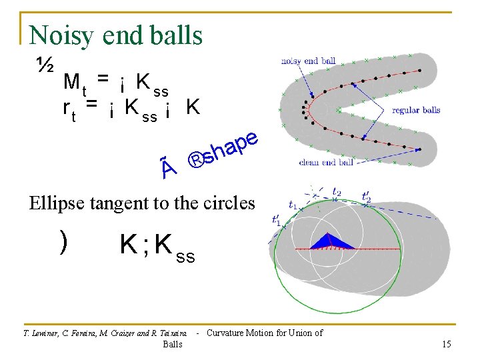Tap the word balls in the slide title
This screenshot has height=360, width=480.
click(x=177, y=35)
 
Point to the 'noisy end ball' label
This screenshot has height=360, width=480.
click(x=308, y=61)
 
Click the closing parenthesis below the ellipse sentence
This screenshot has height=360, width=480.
click(x=63, y=244)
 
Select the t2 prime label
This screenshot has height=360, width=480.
click(x=367, y=197)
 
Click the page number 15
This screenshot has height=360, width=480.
click(x=446, y=343)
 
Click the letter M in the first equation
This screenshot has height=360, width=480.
click(x=70, y=83)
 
